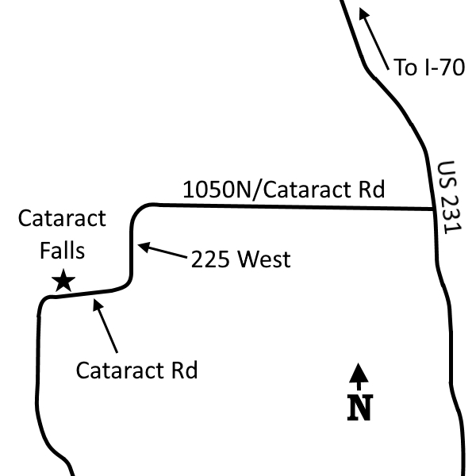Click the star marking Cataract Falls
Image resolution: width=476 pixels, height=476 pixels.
click(63, 281)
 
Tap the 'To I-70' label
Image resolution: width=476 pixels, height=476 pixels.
click(429, 67)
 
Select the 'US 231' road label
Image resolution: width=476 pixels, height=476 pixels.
click(450, 198)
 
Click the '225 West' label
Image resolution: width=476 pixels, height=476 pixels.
click(240, 259)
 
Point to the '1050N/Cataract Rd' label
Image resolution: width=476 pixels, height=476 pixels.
click(284, 190)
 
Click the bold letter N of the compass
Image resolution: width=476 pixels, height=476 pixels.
click(360, 408)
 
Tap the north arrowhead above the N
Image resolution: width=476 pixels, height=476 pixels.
click(359, 373)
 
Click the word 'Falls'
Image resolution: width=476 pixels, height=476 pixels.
click(62, 251)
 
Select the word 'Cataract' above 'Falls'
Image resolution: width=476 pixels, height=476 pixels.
click(62, 218)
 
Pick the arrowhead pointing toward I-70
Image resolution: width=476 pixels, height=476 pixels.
click(363, 13)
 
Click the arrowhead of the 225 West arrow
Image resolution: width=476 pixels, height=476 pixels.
click(144, 247)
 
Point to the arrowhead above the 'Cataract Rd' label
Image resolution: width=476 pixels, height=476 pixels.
click(98, 304)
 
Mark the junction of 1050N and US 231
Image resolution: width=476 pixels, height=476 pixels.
click(433, 209)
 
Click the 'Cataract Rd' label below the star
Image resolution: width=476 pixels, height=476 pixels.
click(137, 370)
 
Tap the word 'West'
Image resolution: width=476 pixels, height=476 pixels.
click(264, 259)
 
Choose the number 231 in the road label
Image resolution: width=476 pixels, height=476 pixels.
click(451, 215)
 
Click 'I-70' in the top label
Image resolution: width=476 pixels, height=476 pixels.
click(445, 67)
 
